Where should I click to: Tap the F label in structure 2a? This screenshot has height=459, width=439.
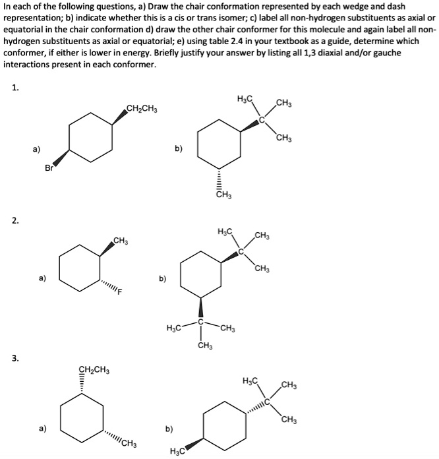(x=120, y=292)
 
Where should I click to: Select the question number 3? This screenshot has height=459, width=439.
(x=15, y=358)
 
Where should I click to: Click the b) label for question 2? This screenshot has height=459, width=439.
(x=161, y=279)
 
